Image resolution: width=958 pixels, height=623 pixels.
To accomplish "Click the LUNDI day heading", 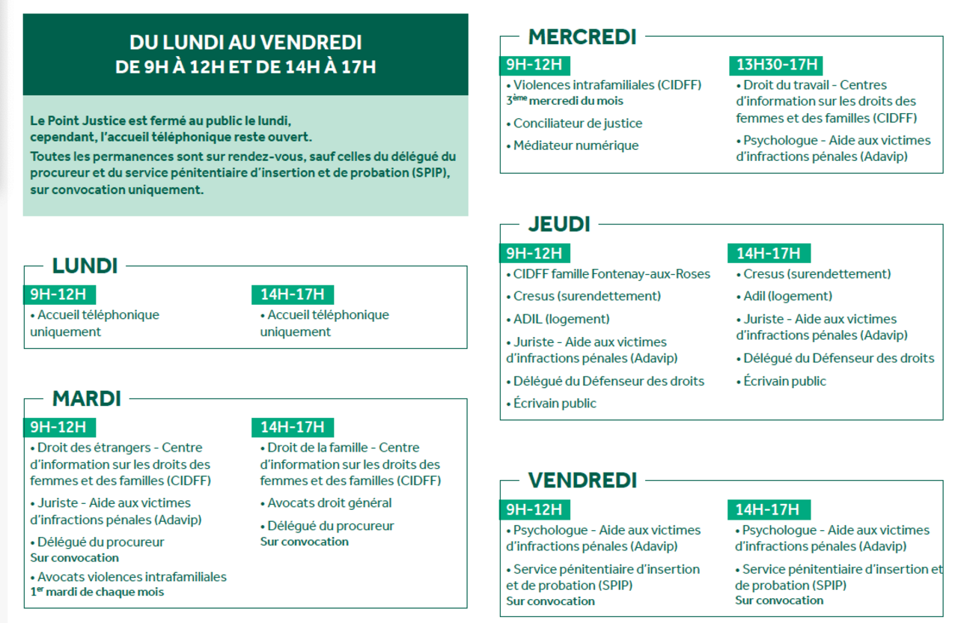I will (85, 266).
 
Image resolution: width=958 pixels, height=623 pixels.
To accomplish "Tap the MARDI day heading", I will (86, 398).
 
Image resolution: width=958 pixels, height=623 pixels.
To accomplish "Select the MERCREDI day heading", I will (582, 36).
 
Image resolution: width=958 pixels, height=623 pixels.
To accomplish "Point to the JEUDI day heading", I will (559, 224).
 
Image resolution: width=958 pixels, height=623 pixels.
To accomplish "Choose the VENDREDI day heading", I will (582, 480).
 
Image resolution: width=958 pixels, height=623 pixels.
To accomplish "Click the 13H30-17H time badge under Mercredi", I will (776, 64).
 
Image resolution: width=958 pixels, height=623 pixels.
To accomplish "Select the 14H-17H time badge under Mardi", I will (293, 428).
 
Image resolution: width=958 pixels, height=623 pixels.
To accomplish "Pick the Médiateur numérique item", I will (576, 145).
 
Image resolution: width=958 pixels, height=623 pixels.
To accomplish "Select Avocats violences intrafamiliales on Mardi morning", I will (132, 577).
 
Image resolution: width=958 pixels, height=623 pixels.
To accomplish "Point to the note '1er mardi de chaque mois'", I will (97, 592).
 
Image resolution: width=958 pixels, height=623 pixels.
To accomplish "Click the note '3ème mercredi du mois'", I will (565, 100).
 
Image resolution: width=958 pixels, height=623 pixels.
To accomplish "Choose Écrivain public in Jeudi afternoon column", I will (784, 381).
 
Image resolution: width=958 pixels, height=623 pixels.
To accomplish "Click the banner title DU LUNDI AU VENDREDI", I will (245, 43).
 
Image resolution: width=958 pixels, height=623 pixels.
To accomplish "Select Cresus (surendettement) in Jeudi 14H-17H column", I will (817, 274).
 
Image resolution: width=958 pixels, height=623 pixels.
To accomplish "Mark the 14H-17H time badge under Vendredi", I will (768, 510).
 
